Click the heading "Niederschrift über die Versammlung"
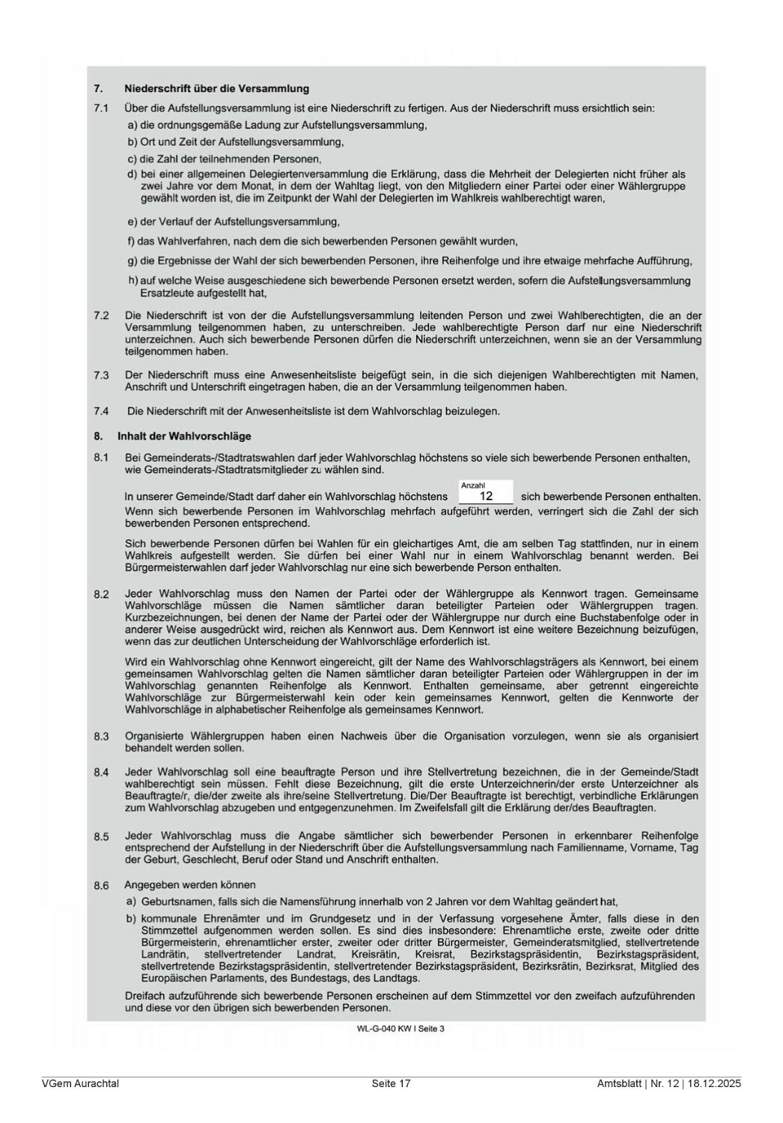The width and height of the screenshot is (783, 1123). (x=216, y=89)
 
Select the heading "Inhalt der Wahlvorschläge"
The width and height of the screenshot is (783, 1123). (x=184, y=436)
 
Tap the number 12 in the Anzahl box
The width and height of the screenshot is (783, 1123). (x=486, y=496)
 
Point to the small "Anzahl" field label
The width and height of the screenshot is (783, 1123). (x=472, y=486)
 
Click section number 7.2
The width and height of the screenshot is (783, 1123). (x=101, y=316)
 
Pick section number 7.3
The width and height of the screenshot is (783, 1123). (x=101, y=375)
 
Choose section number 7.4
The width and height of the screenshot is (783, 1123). (x=101, y=411)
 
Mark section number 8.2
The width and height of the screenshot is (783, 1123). (x=101, y=594)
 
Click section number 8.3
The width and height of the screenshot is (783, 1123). (x=101, y=737)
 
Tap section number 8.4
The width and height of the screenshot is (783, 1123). (x=101, y=773)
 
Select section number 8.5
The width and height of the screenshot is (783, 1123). (x=101, y=836)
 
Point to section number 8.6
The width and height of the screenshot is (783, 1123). (x=101, y=886)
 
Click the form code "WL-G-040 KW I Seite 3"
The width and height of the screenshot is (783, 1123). (x=400, y=1029)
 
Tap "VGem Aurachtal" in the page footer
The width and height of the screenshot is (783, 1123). (x=80, y=1083)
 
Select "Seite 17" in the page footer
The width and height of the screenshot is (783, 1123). (x=391, y=1083)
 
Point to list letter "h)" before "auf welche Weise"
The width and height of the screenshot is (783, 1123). (x=133, y=281)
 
